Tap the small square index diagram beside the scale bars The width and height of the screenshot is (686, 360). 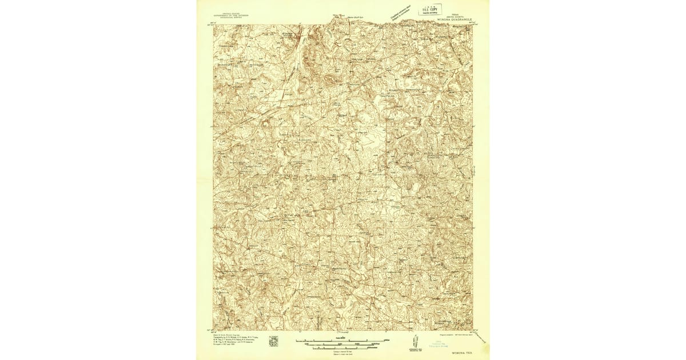(273, 341)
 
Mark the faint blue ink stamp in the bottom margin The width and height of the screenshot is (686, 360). (444, 346)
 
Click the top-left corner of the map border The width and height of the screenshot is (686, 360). (214, 25)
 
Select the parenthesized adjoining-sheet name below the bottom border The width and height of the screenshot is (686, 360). (343, 333)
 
